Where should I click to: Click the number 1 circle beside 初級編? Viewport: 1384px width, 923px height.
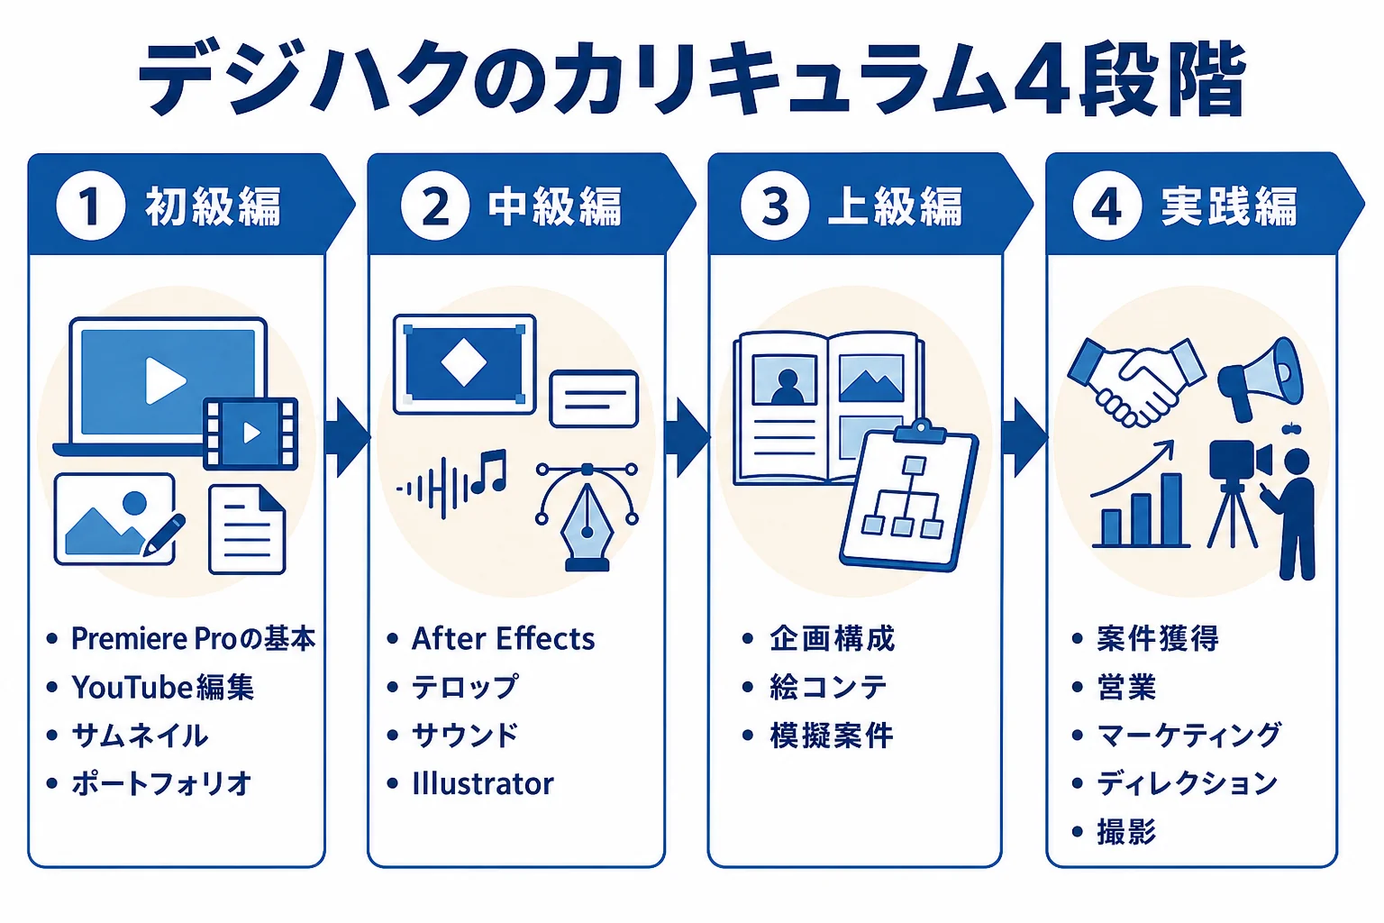[x=90, y=206]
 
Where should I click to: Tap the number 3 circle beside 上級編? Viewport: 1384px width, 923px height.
[x=775, y=206]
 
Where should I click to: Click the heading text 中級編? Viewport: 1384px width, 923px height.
[x=554, y=206]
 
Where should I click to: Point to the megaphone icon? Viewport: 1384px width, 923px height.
[x=1261, y=378]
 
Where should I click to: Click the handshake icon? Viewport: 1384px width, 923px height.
[x=1135, y=381]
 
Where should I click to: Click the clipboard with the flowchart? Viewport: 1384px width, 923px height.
[x=909, y=495]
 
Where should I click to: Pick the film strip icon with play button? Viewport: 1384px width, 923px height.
[x=250, y=433]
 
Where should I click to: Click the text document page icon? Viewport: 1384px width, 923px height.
[x=247, y=529]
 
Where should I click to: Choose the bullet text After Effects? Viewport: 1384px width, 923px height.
[x=503, y=639]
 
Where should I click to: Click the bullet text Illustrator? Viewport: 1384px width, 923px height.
[x=483, y=784]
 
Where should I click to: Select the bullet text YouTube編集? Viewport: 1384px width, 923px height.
[x=162, y=687]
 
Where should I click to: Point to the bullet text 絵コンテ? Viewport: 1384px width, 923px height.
[x=828, y=687]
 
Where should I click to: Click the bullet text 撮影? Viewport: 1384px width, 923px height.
[x=1126, y=831]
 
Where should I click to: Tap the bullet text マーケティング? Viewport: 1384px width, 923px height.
[x=1188, y=735]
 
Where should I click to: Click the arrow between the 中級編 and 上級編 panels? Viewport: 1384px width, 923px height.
[x=687, y=438]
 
